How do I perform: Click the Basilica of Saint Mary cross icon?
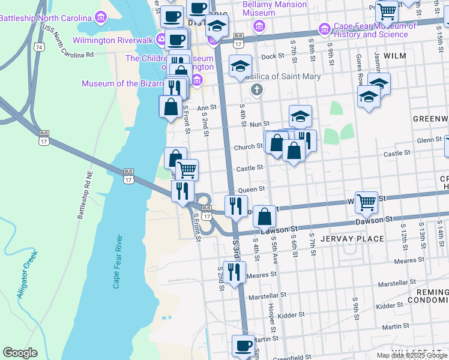click(257, 90)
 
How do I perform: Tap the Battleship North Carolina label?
click(45, 18)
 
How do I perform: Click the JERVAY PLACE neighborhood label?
click(352, 239)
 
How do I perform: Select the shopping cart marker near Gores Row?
click(366, 202)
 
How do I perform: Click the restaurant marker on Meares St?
click(234, 271)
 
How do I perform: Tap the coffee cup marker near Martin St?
click(243, 345)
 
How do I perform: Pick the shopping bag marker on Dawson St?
click(264, 215)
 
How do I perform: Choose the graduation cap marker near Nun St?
click(300, 115)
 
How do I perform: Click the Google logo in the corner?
click(20, 353)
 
